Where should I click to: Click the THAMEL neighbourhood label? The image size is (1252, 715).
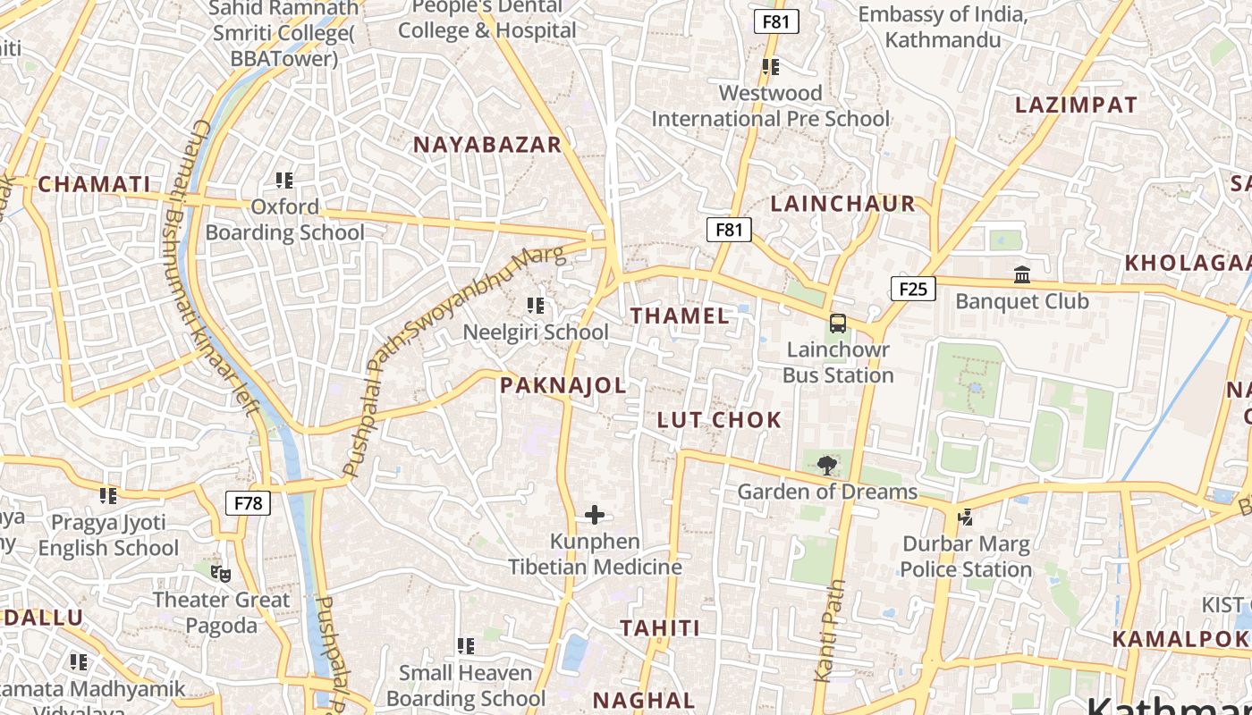680,315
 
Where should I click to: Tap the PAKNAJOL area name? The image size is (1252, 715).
563,385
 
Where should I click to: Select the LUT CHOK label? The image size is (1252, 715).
719,420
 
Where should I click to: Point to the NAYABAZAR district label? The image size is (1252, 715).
486,145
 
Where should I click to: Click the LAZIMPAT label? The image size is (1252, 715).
1076,105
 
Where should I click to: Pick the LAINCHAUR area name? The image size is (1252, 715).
842,204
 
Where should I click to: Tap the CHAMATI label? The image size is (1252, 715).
94,185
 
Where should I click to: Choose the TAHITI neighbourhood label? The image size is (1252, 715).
660,628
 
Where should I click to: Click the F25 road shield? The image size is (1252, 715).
912,289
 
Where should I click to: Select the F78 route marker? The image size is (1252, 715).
248,503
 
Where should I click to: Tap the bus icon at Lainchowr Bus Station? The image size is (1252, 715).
837,324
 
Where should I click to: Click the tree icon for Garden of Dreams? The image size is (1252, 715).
827,464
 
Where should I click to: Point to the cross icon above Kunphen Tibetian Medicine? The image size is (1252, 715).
595,515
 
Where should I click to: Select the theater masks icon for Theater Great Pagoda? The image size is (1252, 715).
220,573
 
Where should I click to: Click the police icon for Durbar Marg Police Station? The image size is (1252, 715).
965,517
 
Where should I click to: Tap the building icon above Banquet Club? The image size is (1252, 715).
1021,274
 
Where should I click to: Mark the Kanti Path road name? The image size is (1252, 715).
830,630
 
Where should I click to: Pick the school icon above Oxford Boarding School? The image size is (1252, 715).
284,181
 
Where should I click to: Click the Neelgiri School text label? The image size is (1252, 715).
535,332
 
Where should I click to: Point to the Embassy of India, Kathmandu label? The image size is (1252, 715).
942,27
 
